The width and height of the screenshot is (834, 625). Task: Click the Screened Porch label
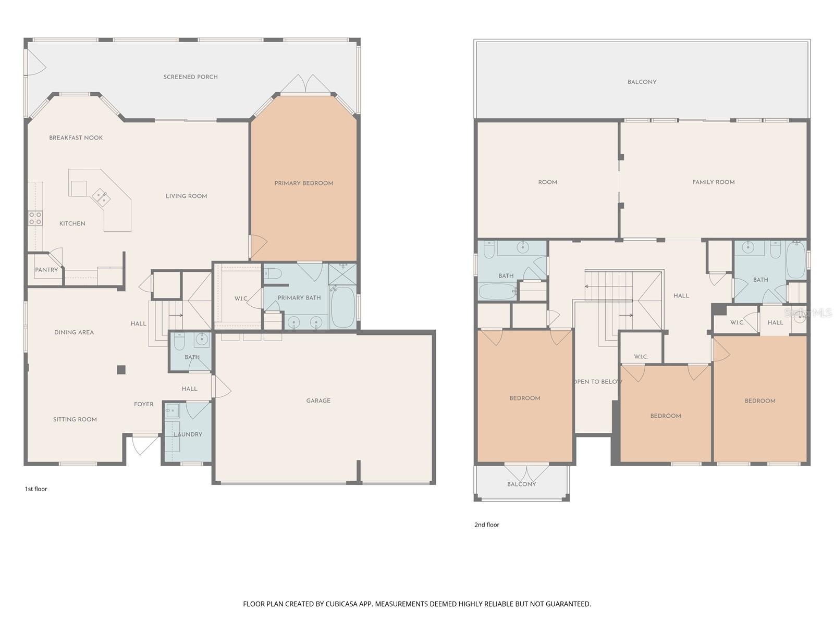pyautogui.click(x=190, y=77)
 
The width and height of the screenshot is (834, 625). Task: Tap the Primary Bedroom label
pyautogui.click(x=304, y=183)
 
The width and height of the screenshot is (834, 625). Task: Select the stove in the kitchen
pyautogui.click(x=35, y=218)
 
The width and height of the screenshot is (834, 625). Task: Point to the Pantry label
pyautogui.click(x=46, y=270)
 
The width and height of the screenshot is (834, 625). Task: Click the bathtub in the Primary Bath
pyautogui.click(x=342, y=307)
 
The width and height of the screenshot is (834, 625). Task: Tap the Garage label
pyautogui.click(x=318, y=401)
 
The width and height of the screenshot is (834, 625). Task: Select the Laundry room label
pyautogui.click(x=188, y=434)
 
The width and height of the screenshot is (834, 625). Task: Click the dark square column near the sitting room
pyautogui.click(x=121, y=370)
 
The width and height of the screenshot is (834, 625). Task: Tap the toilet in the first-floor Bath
pyautogui.click(x=179, y=341)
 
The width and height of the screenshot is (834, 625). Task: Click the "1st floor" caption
pyautogui.click(x=36, y=489)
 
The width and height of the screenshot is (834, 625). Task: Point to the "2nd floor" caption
pyautogui.click(x=486, y=525)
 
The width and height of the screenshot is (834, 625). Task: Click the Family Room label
pyautogui.click(x=713, y=182)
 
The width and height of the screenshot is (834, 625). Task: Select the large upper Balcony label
pyautogui.click(x=642, y=82)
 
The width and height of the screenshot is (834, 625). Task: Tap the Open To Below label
pyautogui.click(x=597, y=382)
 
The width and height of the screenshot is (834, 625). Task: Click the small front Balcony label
pyautogui.click(x=521, y=484)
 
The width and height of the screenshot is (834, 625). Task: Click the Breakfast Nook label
pyautogui.click(x=76, y=138)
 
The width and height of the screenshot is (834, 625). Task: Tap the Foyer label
pyautogui.click(x=143, y=404)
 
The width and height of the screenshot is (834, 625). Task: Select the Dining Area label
pyautogui.click(x=74, y=332)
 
